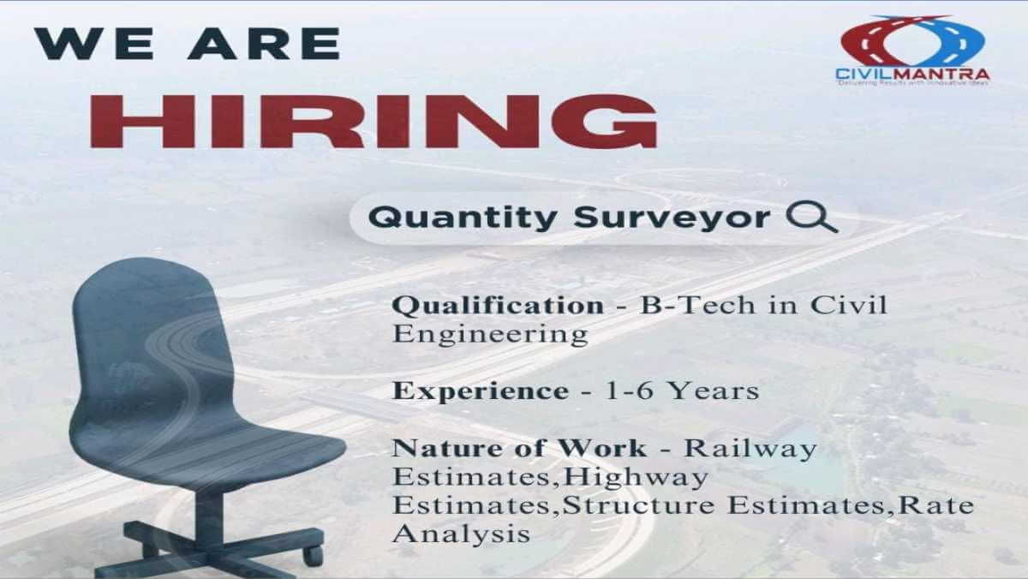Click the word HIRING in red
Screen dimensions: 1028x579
(x=374, y=121)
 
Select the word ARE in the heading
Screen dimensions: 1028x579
(x=265, y=43)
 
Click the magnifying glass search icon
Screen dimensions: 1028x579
(x=812, y=218)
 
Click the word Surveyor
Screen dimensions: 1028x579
(x=672, y=218)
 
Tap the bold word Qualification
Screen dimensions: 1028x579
(x=498, y=306)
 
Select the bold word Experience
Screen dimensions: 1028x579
(x=481, y=392)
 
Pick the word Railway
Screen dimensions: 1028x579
(x=750, y=449)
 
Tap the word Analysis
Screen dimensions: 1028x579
(x=461, y=534)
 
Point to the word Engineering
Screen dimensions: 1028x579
(x=490, y=334)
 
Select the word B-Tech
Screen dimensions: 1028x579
(x=697, y=306)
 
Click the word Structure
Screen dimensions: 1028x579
(x=638, y=505)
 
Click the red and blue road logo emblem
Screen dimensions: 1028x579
(x=912, y=41)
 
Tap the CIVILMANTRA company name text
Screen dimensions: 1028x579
(x=912, y=74)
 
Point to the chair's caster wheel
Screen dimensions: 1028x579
(x=313, y=554)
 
